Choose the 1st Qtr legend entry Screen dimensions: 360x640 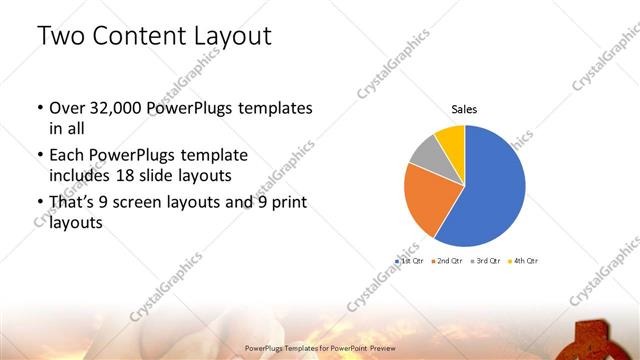point(411,260)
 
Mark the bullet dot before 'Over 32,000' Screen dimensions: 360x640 point(39,108)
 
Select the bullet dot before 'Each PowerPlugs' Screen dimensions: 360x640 point(39,156)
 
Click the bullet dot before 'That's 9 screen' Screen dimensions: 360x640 point(39,203)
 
